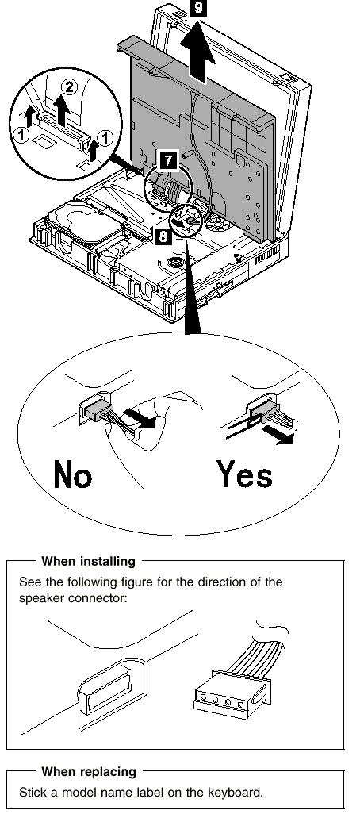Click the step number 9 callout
click(x=198, y=9)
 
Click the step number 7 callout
click(x=167, y=159)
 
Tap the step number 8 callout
click(x=163, y=237)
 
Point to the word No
click(x=73, y=474)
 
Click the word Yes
click(x=244, y=474)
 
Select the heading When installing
click(x=88, y=561)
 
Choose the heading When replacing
click(x=88, y=771)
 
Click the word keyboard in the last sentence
click(x=231, y=793)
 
